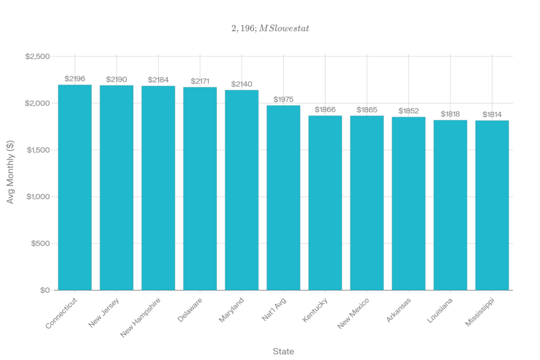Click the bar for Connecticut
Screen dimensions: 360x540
(75, 187)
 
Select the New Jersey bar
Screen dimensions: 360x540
(117, 188)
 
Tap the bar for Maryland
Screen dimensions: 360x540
(242, 190)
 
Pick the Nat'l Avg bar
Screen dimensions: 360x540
(283, 198)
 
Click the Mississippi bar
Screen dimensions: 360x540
(492, 205)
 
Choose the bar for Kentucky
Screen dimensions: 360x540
(325, 202)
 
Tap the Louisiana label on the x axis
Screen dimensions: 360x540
(440, 313)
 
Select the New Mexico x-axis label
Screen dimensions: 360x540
(354, 314)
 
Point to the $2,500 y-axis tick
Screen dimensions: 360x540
(37, 56)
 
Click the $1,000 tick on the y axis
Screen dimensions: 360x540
(37, 197)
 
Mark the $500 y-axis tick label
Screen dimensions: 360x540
(41, 244)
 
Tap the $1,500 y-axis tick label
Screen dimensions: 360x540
(37, 150)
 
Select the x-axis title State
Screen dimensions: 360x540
(283, 351)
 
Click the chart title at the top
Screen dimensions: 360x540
(270, 28)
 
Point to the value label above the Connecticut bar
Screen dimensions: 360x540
(75, 79)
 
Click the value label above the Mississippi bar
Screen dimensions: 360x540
(492, 114)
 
